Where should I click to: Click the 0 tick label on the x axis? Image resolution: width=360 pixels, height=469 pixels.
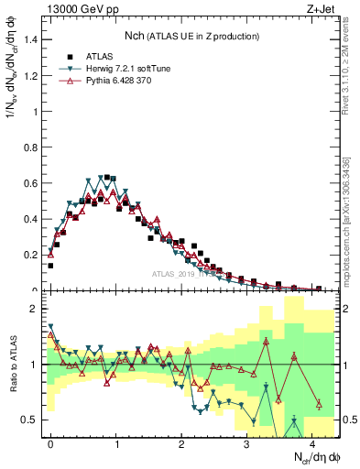(x=50, y=442)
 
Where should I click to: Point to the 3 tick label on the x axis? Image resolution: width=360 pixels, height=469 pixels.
(x=246, y=442)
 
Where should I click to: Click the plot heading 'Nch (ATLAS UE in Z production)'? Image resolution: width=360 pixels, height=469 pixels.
(x=192, y=36)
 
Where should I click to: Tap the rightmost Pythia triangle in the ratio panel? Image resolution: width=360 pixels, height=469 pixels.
(x=319, y=404)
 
